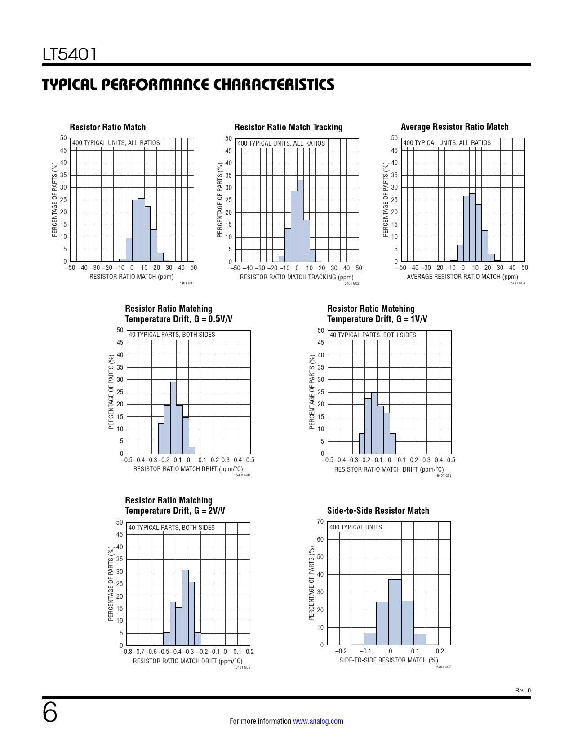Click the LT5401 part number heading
click(70, 54)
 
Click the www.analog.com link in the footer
click(318, 721)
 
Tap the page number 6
click(50, 712)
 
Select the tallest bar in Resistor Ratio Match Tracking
click(300, 221)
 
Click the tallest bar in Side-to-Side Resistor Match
click(395, 612)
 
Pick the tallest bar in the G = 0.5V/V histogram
click(173, 418)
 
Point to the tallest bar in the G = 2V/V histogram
click(185, 608)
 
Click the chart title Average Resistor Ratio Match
click(454, 127)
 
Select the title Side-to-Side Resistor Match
click(378, 511)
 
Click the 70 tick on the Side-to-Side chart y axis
click(320, 521)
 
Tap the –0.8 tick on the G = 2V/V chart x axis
click(126, 652)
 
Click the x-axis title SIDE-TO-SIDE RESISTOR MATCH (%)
click(388, 660)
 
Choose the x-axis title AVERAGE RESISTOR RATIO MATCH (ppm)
click(462, 277)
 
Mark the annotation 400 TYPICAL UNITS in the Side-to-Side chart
click(355, 527)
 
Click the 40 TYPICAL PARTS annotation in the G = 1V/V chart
click(373, 335)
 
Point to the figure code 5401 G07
click(443, 667)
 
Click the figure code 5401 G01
click(186, 283)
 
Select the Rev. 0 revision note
click(523, 691)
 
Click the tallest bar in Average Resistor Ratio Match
click(472, 227)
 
